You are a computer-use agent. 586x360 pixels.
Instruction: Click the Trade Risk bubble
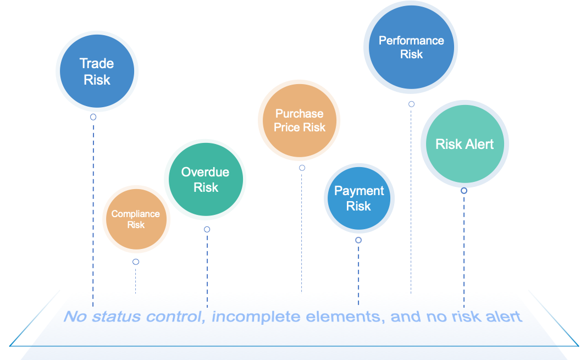[x=97, y=71]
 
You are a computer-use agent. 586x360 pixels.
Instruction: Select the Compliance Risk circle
[x=136, y=219]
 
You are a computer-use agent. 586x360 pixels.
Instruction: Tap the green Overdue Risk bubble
[x=205, y=180]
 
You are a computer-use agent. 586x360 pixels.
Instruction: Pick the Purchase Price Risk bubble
[x=300, y=120]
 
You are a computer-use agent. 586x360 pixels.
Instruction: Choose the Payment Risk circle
[x=359, y=198]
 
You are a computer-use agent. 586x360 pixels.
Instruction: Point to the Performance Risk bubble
[x=411, y=47]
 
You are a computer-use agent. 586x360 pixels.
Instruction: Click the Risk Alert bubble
[x=465, y=144]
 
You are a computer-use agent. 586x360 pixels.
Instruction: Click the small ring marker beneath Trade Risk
[x=93, y=117]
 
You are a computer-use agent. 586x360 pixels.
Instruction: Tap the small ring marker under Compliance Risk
[x=136, y=262]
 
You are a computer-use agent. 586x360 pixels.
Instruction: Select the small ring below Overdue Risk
[x=207, y=229]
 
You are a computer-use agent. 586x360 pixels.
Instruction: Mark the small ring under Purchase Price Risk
[x=302, y=168]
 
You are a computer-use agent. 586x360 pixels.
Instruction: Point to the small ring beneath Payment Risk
[x=358, y=240]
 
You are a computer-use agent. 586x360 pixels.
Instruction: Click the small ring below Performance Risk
[x=411, y=104]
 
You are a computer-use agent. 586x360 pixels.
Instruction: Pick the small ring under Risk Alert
[x=464, y=191]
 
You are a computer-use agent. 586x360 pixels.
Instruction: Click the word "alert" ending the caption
[x=501, y=317]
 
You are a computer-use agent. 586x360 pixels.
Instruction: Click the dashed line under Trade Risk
[x=93, y=209]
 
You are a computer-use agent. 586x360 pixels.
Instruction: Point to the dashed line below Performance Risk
[x=411, y=198]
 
